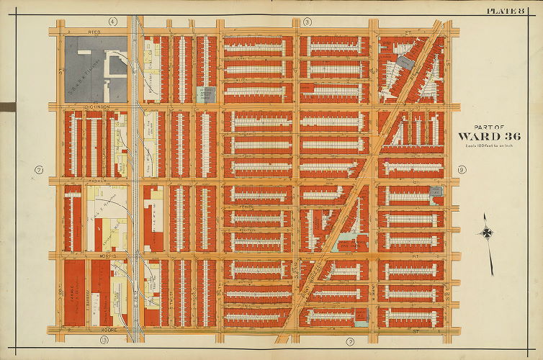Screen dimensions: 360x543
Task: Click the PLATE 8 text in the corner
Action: (513, 9)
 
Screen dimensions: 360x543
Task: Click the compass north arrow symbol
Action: (488, 233)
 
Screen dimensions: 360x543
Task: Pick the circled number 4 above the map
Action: (112, 22)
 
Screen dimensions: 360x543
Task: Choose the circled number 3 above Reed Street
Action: (307, 22)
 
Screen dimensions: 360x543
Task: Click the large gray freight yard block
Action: (95, 68)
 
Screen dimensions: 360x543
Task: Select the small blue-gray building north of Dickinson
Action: (205, 94)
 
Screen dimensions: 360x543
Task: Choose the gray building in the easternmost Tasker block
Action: (435, 191)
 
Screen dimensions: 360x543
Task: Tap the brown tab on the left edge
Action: (6, 107)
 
